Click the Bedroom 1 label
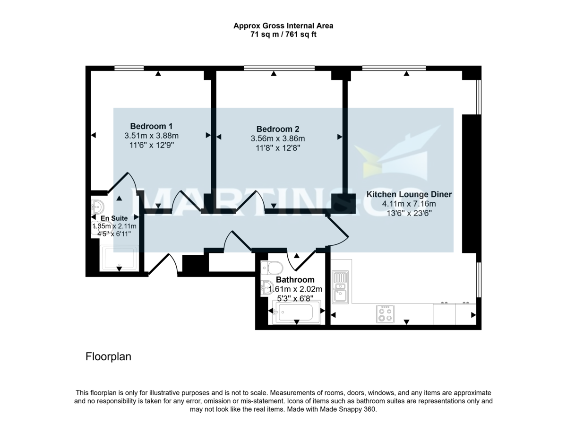tap(151, 126)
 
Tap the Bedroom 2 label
tap(277, 129)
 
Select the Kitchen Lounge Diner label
tap(409, 194)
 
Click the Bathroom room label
tap(295, 280)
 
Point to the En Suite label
tap(114, 218)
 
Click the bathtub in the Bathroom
tap(296, 312)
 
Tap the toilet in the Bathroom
tap(272, 268)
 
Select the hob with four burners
tap(385, 314)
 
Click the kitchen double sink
tap(340, 286)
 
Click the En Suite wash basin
tap(98, 207)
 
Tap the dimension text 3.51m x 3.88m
tap(151, 136)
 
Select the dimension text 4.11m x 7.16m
tap(409, 204)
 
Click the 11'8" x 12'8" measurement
tap(277, 148)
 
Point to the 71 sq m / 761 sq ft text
tap(283, 35)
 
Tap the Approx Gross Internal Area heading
tap(283, 26)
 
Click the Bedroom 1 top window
tap(129, 68)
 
